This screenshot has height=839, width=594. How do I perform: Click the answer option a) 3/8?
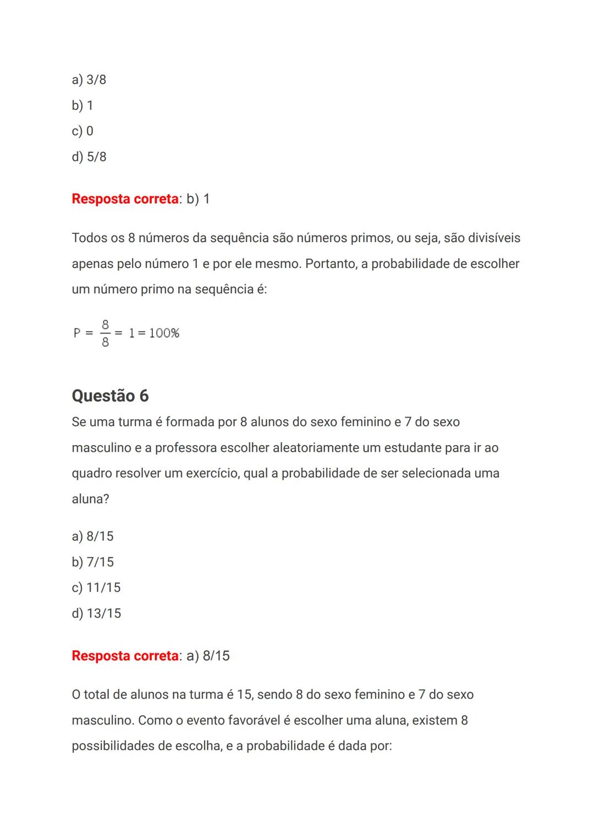89,80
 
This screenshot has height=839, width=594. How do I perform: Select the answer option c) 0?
82,131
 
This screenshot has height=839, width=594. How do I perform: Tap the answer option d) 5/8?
89,157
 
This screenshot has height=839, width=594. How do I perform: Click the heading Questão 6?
110,396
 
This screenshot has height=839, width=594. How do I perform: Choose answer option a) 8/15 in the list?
92,536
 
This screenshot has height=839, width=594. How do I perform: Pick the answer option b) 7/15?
92,562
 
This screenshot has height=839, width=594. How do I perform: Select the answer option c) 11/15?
96,588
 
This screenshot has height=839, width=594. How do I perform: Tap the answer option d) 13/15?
96,613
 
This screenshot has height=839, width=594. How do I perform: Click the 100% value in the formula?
164,333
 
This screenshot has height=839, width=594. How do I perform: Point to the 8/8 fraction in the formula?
105,333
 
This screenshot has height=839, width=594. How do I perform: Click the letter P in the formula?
77,333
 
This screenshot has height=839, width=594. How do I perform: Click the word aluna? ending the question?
90,499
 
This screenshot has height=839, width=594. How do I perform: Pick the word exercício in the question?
212,474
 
